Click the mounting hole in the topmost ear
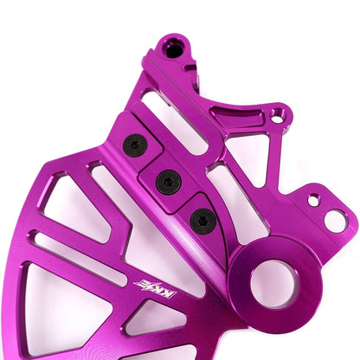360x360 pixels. (174, 48)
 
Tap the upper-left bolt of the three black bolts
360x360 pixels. (135, 145)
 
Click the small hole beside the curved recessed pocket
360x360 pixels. (277, 113)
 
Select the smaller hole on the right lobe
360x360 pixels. (313, 200)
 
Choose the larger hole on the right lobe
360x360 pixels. (335, 221)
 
